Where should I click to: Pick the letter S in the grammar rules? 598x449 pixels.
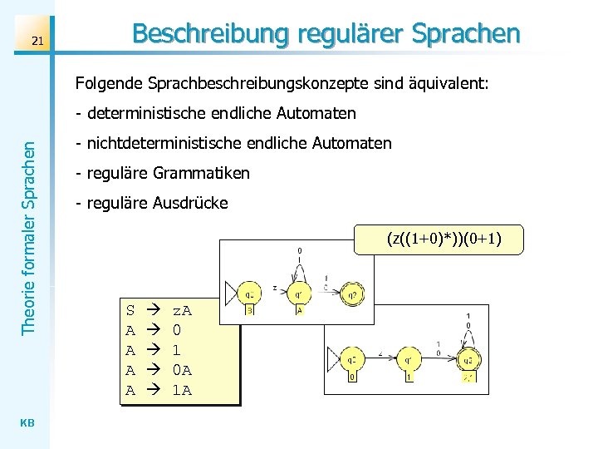click(x=130, y=311)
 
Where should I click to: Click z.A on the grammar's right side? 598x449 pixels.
click(x=181, y=311)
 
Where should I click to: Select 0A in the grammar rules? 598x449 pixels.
click(x=181, y=370)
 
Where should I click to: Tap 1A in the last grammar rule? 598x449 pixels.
click(x=181, y=389)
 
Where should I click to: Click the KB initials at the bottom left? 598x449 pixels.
click(x=27, y=422)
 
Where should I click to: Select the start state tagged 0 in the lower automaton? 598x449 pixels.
click(x=353, y=360)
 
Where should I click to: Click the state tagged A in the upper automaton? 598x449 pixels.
click(x=299, y=293)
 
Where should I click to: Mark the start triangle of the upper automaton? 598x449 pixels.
click(x=231, y=293)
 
